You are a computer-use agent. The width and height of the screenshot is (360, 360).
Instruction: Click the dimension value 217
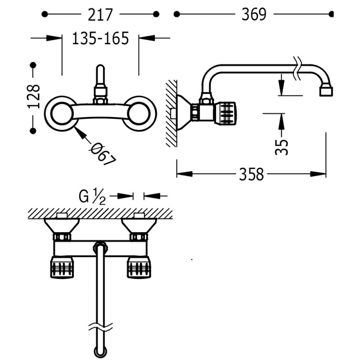(x=100, y=15)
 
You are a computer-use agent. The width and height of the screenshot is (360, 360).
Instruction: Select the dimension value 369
(x=254, y=14)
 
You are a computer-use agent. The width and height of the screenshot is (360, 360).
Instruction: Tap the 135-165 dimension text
(x=100, y=38)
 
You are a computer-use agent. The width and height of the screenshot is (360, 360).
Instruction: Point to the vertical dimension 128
(x=33, y=96)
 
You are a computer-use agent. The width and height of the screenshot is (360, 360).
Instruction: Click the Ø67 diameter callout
(x=103, y=153)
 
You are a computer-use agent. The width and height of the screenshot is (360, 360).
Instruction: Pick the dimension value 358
(x=252, y=175)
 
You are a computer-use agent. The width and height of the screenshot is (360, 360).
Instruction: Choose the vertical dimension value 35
(x=282, y=147)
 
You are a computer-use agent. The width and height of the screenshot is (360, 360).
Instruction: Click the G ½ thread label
(x=92, y=197)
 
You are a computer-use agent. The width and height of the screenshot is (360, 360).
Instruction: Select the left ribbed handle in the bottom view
(x=62, y=267)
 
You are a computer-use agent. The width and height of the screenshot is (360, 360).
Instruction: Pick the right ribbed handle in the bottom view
(x=139, y=267)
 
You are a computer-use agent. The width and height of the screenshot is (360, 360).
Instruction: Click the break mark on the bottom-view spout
(x=100, y=327)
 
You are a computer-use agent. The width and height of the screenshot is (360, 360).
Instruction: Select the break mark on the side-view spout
(x=297, y=68)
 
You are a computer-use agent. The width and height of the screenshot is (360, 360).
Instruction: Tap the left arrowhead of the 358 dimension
(x=184, y=174)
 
